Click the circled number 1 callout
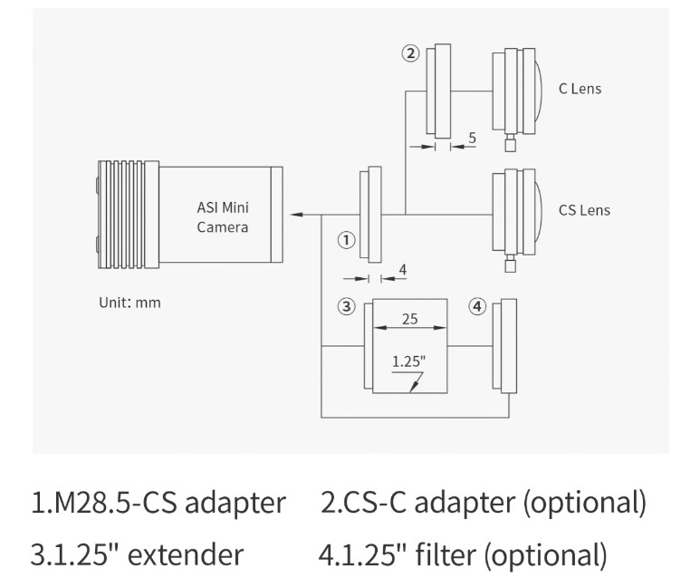coord(346,240)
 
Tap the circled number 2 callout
coord(411,53)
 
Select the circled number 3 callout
coord(347,307)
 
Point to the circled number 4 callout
coord(477,307)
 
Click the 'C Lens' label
coord(580,89)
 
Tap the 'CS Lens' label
coord(584,210)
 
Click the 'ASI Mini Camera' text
coord(223,217)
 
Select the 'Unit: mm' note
coord(129,303)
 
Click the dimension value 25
coord(410,319)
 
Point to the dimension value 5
coord(473,138)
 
